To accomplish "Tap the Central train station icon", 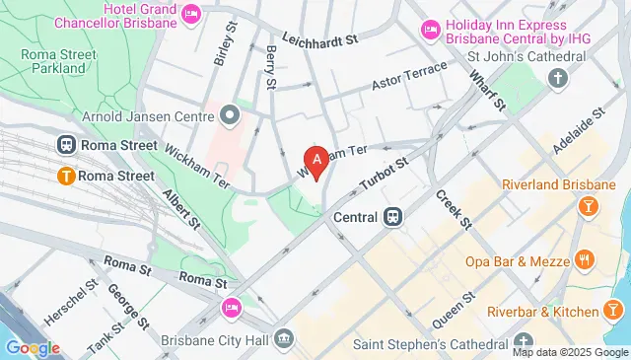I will (x=392, y=216).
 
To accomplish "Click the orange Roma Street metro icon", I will (x=66, y=176).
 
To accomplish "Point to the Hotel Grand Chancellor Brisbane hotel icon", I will (x=192, y=13).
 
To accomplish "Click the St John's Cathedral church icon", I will (x=559, y=78).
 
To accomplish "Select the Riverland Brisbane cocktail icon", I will (x=588, y=205).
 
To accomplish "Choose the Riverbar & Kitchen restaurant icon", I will (x=613, y=285).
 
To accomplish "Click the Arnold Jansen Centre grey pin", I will (x=230, y=117).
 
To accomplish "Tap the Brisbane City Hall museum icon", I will (x=285, y=338).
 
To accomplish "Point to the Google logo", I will (x=32, y=347).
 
